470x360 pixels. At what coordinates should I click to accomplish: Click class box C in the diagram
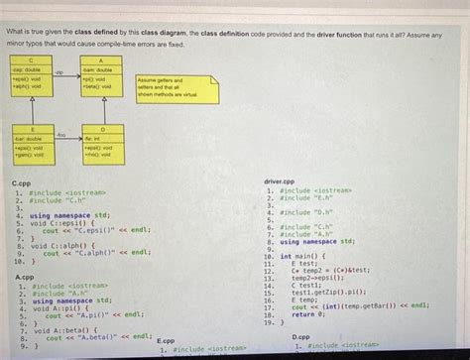31,75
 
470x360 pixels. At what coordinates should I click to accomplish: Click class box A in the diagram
103,75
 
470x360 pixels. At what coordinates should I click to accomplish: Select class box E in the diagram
31,145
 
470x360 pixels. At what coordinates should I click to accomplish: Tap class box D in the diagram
103,145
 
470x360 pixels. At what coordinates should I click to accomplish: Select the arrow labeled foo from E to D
66,137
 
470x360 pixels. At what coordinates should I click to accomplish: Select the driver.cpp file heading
281,181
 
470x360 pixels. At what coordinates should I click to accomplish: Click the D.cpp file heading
302,337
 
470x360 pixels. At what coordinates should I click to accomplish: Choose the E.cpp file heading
166,340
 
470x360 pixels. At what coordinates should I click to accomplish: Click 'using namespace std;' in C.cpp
69,215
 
